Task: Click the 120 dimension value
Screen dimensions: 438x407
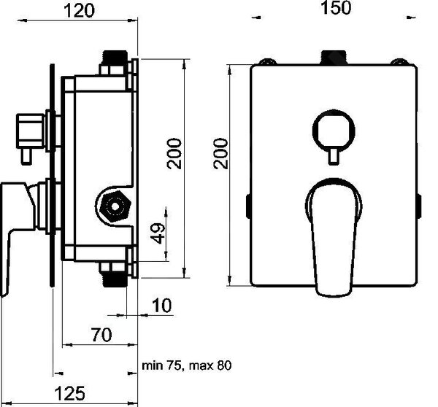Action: pyautogui.click(x=80, y=11)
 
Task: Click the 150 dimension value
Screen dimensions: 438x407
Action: pyautogui.click(x=336, y=8)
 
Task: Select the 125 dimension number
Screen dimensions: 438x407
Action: pyautogui.click(x=69, y=393)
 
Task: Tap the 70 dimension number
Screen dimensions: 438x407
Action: pyautogui.click(x=101, y=335)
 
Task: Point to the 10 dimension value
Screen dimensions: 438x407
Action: pyautogui.click(x=162, y=305)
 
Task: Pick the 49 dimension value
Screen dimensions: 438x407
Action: pyautogui.click(x=158, y=233)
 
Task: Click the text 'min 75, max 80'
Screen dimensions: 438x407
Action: pyautogui.click(x=187, y=365)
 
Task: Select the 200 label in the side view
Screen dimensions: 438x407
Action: pyautogui.click(x=174, y=153)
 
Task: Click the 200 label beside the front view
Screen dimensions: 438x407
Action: pyautogui.click(x=220, y=153)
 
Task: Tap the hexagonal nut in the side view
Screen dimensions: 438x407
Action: pyautogui.click(x=115, y=206)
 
